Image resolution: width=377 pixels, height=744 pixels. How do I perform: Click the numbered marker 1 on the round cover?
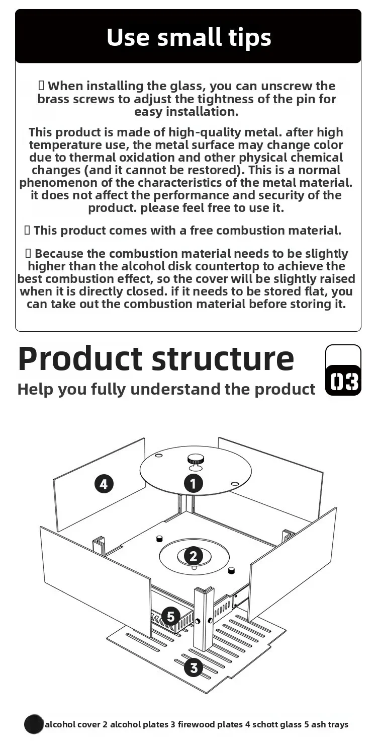(194, 483)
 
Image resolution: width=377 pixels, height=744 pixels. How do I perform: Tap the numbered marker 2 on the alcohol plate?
(194, 556)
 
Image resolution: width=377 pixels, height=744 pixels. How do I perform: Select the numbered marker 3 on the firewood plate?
(194, 667)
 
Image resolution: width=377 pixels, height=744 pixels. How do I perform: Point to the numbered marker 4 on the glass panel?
(104, 484)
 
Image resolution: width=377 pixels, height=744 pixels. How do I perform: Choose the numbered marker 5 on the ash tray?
(171, 616)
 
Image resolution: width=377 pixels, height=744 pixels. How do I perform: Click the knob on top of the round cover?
(195, 460)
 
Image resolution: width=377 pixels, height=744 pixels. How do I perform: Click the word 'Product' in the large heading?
(80, 359)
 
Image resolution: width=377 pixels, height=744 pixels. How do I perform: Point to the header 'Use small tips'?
(189, 37)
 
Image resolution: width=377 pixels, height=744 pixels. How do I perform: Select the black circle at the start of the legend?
(34, 724)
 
